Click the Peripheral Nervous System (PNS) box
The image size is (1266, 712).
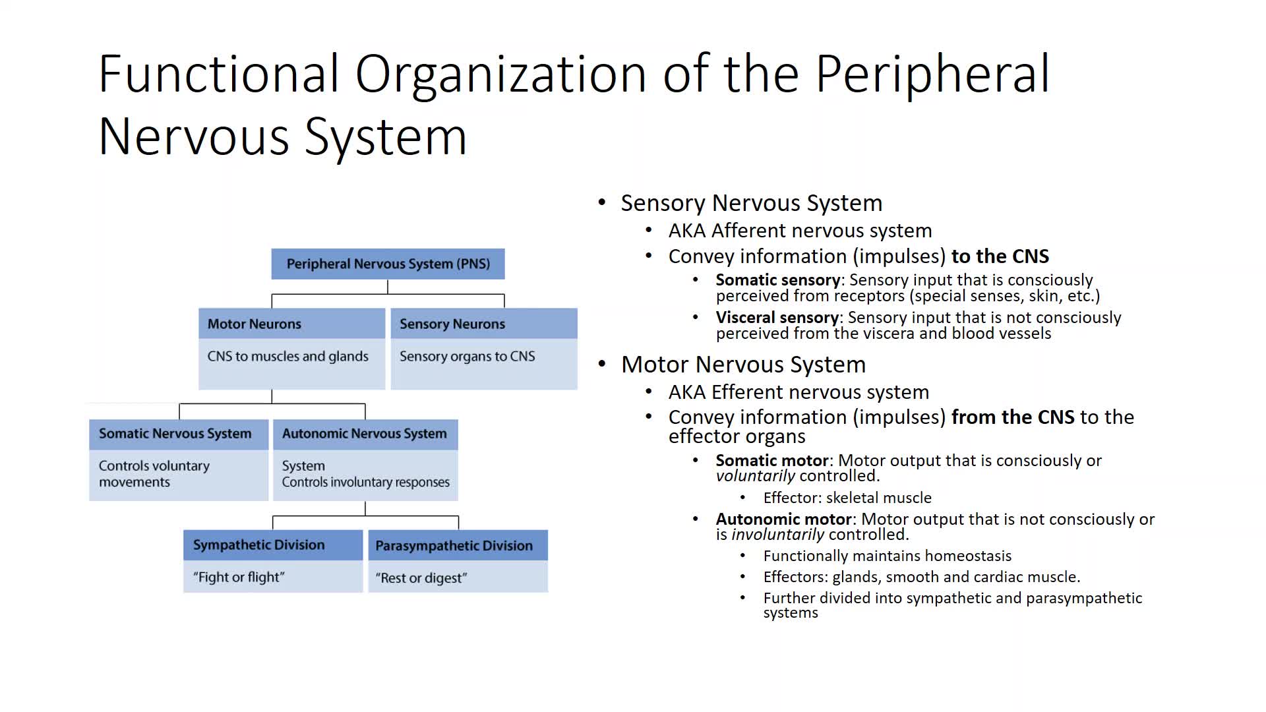point(388,264)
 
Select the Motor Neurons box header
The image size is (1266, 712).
point(291,324)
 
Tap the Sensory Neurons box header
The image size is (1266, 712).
point(483,324)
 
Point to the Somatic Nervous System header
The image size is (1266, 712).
point(178,434)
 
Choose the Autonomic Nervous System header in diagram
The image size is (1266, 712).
point(365,434)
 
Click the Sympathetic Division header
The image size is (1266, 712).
point(272,545)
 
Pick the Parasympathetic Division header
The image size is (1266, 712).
point(457,546)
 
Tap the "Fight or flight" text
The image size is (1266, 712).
point(239,578)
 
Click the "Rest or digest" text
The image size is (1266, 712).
point(421,578)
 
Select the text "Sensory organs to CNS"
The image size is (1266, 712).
point(467,357)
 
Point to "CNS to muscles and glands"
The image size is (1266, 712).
point(287,357)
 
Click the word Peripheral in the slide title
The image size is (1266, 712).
point(932,74)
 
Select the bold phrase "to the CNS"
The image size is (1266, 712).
point(1000,256)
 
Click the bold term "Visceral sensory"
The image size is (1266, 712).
point(777,318)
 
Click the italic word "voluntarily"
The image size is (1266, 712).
point(755,476)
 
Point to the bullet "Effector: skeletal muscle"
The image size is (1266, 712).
point(847,498)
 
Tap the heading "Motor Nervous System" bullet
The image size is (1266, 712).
point(743,365)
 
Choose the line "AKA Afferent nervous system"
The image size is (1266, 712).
point(800,231)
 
